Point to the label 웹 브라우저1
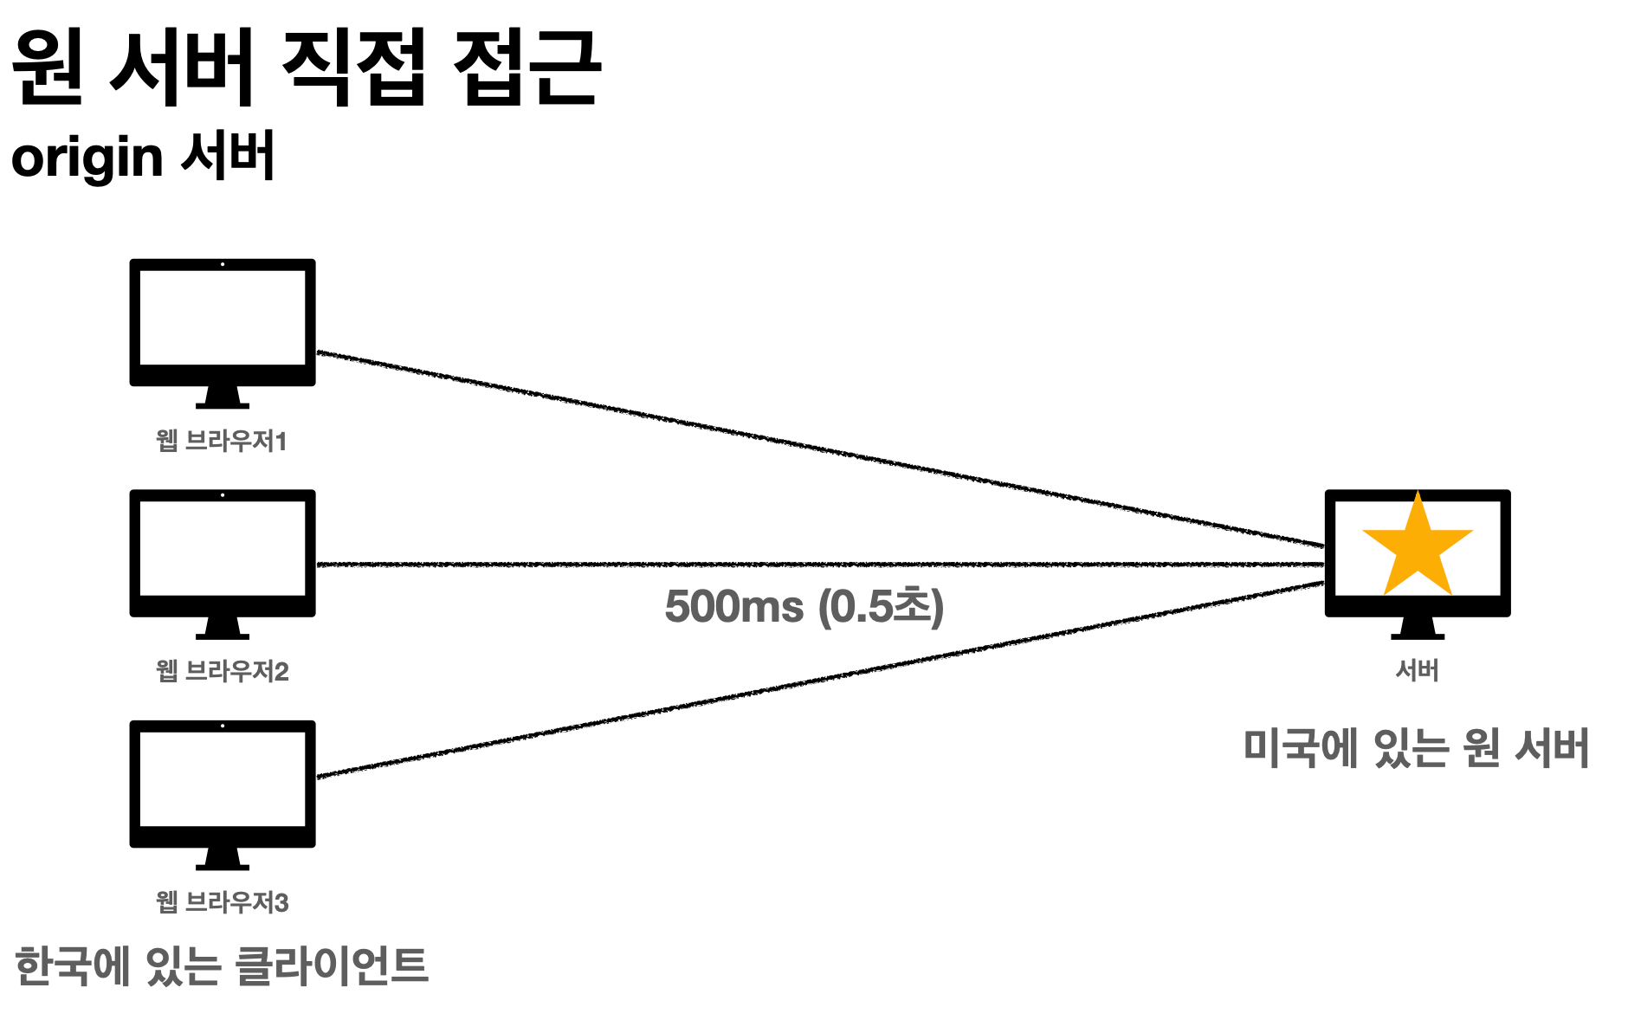pyautogui.click(x=221, y=441)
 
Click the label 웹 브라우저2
pyautogui.click(x=222, y=671)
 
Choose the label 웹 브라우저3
pyautogui.click(x=222, y=902)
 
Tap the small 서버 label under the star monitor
pyautogui.click(x=1417, y=670)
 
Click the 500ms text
pyautogui.click(x=733, y=606)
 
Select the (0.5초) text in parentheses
pyautogui.click(x=882, y=606)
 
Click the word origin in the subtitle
pyautogui.click(x=87, y=158)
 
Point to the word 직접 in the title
pyautogui.click(x=353, y=67)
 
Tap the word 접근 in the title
pyautogui.click(x=527, y=67)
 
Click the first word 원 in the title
pyautogui.click(x=48, y=67)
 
